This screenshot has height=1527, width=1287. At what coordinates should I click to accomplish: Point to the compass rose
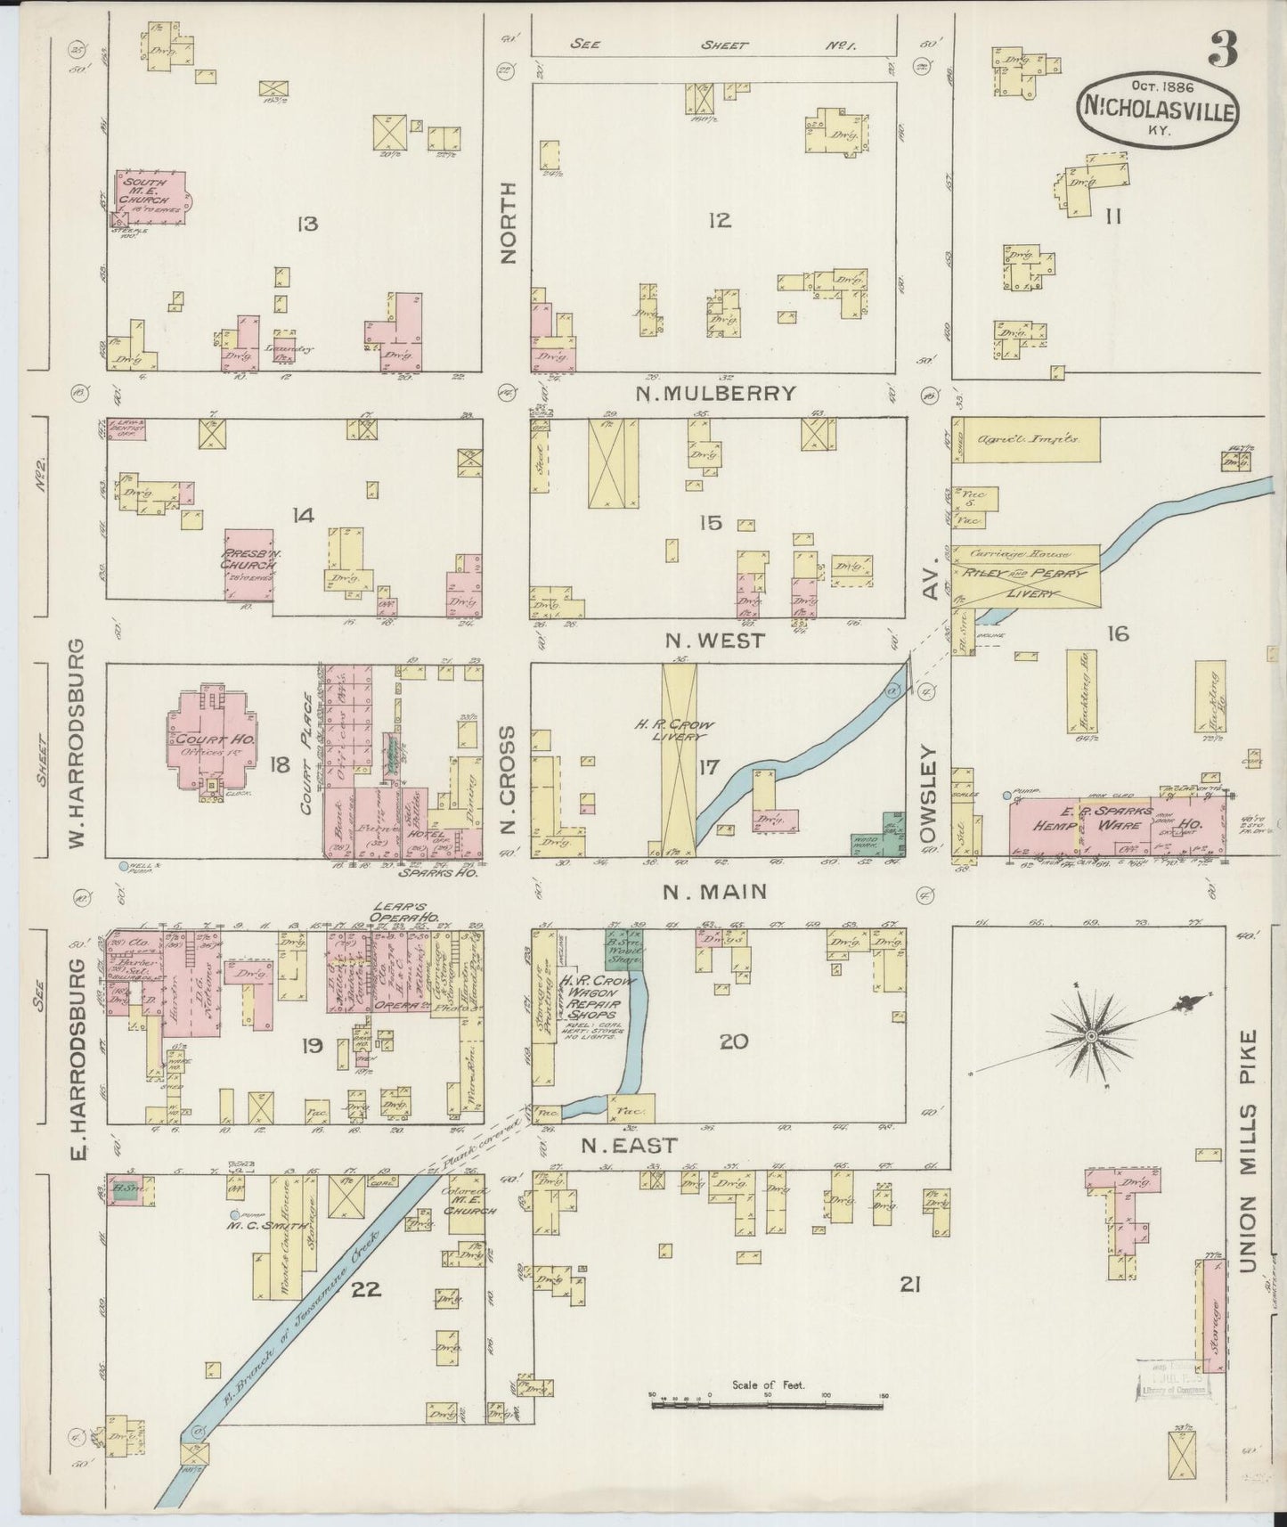tap(1091, 1037)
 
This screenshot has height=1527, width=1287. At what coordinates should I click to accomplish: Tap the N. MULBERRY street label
tap(714, 393)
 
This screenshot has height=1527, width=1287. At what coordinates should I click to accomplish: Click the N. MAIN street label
tap(714, 891)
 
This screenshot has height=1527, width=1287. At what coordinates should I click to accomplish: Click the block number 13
tap(307, 224)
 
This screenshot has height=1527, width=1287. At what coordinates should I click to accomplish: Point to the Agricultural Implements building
tap(1025, 439)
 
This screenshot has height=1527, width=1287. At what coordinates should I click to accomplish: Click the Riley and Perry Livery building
tap(1026, 576)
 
